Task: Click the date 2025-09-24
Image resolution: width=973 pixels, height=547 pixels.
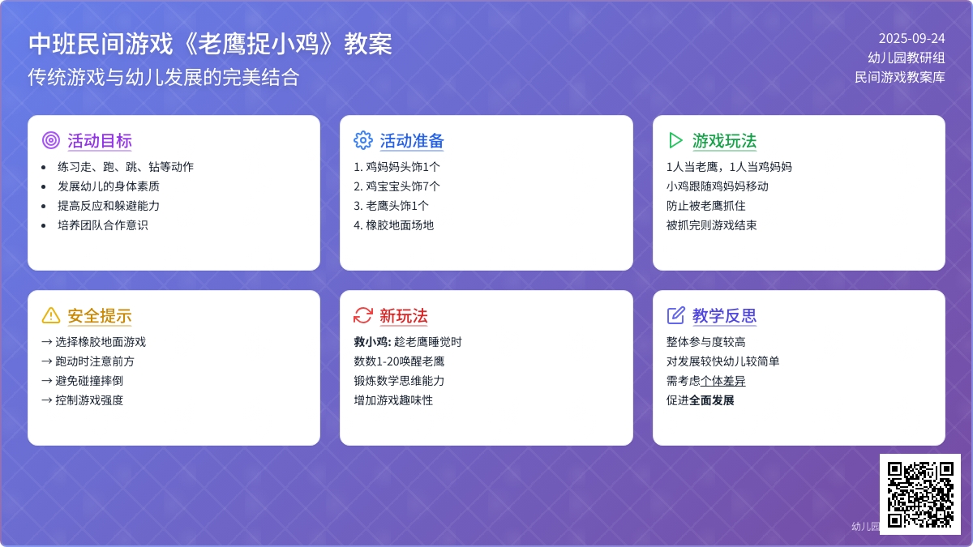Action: point(911,39)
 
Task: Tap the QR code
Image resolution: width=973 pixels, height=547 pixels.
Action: point(920,494)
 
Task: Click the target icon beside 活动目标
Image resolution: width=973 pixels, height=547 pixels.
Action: point(51,140)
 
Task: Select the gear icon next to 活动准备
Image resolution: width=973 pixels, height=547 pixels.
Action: point(363,140)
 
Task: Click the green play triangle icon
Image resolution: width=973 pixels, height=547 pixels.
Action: point(675,140)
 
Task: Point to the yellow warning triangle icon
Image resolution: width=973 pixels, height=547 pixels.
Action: point(51,315)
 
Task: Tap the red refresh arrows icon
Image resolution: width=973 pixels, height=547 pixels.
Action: point(363,315)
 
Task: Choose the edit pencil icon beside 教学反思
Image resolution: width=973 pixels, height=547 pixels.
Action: point(675,315)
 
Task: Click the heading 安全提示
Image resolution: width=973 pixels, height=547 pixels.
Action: point(100,316)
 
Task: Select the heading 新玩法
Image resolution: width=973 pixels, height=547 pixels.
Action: point(404,316)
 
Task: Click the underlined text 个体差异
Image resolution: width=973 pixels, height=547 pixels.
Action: point(723,381)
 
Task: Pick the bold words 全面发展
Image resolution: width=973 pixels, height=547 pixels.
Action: point(712,400)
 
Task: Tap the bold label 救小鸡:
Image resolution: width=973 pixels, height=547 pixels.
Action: point(373,342)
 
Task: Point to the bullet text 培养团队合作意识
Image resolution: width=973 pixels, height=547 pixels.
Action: point(103,225)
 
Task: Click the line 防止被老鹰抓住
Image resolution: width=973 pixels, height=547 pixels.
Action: point(706,206)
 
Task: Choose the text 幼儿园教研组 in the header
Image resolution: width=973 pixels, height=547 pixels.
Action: point(907,58)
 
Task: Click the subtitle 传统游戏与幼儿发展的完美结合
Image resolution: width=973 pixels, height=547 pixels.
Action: point(164,77)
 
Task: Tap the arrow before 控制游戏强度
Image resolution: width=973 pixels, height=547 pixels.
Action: point(47,400)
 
